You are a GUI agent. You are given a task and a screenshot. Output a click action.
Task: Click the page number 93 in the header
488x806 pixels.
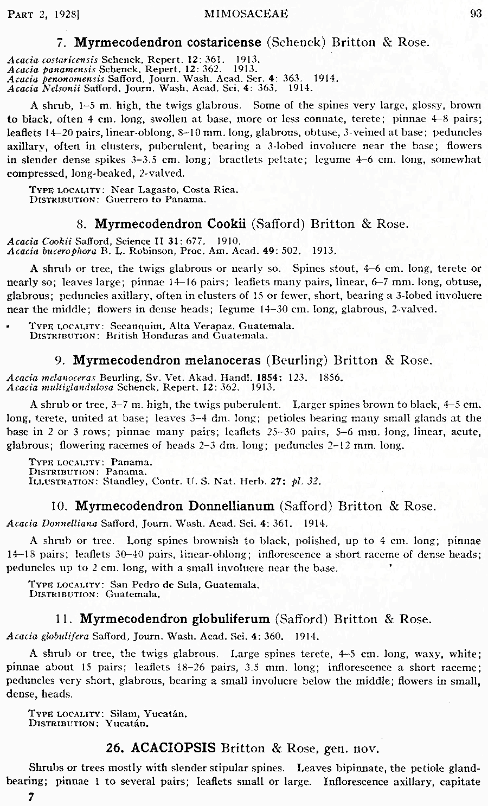tap(476, 14)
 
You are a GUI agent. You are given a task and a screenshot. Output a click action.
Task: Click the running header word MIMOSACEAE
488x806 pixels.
tap(246, 14)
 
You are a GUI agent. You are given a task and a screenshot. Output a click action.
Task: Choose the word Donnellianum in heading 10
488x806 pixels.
tap(231, 506)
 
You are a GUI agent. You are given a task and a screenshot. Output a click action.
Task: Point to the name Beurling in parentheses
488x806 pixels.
tap(299, 361)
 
